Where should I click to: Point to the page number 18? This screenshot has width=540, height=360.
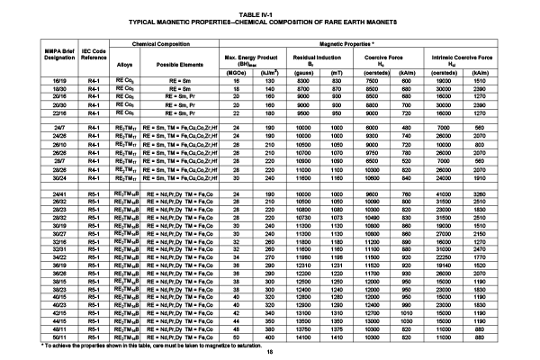coord(269,352)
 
